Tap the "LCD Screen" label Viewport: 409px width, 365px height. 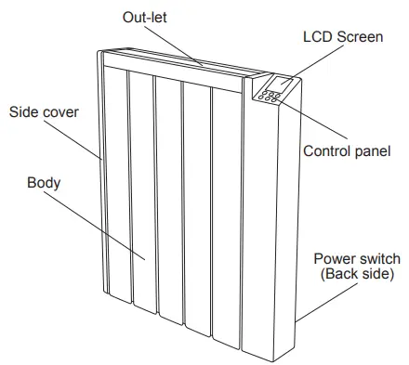[x=342, y=38]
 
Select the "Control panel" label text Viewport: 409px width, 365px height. [x=347, y=150]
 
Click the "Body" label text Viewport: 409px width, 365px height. [x=44, y=183]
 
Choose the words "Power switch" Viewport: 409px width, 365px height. [x=357, y=258]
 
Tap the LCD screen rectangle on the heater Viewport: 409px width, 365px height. [x=283, y=85]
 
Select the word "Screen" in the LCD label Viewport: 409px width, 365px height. [x=362, y=38]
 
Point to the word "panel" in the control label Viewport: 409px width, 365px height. [x=370, y=150]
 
